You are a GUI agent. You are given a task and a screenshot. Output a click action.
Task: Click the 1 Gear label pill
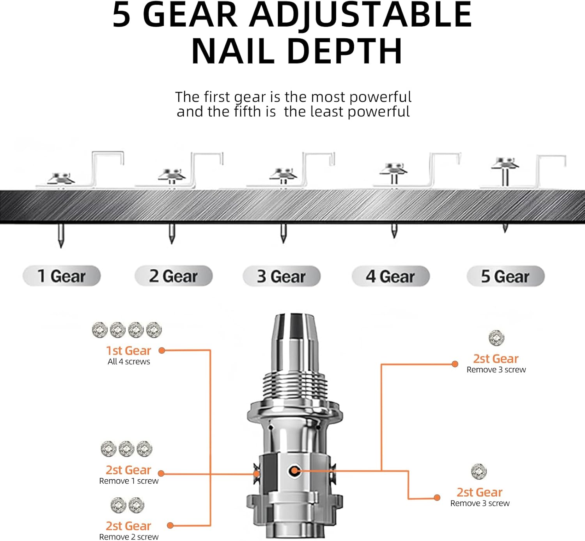62,276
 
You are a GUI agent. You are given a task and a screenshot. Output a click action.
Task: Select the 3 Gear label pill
281,276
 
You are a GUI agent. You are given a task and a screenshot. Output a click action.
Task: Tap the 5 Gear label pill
505,276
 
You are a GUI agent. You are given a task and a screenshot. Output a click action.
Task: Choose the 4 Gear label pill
390,276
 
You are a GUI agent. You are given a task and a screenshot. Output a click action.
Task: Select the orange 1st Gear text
128,351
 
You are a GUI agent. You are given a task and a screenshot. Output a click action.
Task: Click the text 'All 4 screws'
129,362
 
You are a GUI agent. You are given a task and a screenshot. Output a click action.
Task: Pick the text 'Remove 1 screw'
129,481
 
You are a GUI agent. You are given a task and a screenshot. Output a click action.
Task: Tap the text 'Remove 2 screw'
129,537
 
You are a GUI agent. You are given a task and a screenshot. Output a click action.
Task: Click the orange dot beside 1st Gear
162,351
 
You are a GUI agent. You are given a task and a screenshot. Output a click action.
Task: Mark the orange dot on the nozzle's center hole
294,471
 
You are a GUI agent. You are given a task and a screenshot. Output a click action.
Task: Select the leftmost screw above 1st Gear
100,330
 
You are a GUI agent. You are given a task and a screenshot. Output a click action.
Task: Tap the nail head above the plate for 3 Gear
284,173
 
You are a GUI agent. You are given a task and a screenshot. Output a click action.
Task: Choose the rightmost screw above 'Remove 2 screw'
136,505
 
